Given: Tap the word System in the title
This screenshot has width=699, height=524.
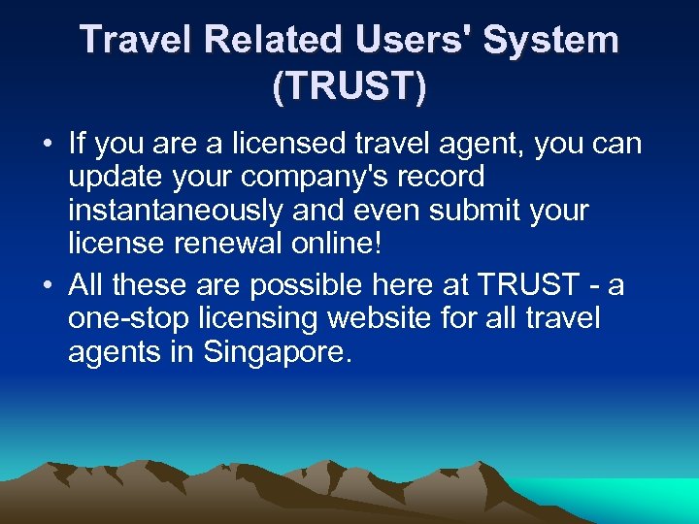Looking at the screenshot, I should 550,40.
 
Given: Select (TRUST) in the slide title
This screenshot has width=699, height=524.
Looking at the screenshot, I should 349,87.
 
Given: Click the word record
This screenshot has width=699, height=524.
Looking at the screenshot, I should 440,178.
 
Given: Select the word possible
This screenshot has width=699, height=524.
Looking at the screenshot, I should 300,285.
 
